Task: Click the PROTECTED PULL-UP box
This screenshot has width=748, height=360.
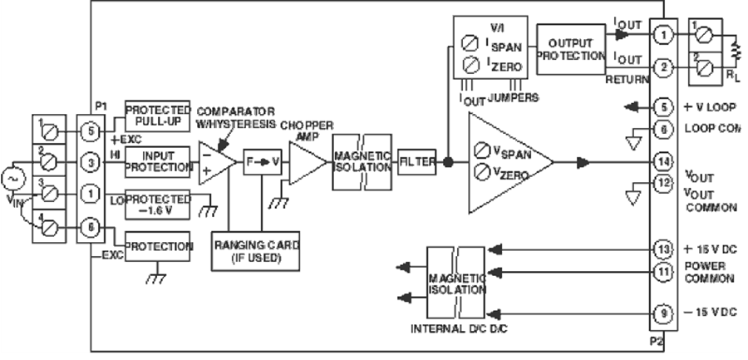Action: coord(157,112)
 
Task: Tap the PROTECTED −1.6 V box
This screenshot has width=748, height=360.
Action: coord(157,202)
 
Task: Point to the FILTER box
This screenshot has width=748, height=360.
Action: coord(416,162)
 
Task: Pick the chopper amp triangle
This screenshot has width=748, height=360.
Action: coord(305,162)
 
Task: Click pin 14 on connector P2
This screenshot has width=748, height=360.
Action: coord(662,161)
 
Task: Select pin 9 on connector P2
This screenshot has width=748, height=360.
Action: coord(662,313)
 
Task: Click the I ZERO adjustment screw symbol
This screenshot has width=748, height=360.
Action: coord(470,62)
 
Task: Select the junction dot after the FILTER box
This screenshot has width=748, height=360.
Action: coord(449,162)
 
